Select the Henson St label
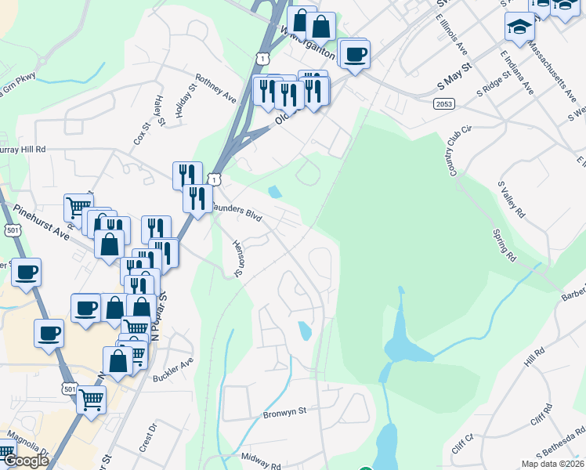237,258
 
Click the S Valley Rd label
511,200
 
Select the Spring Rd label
504,245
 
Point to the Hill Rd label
535,362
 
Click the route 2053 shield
444,103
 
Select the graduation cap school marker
519,28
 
